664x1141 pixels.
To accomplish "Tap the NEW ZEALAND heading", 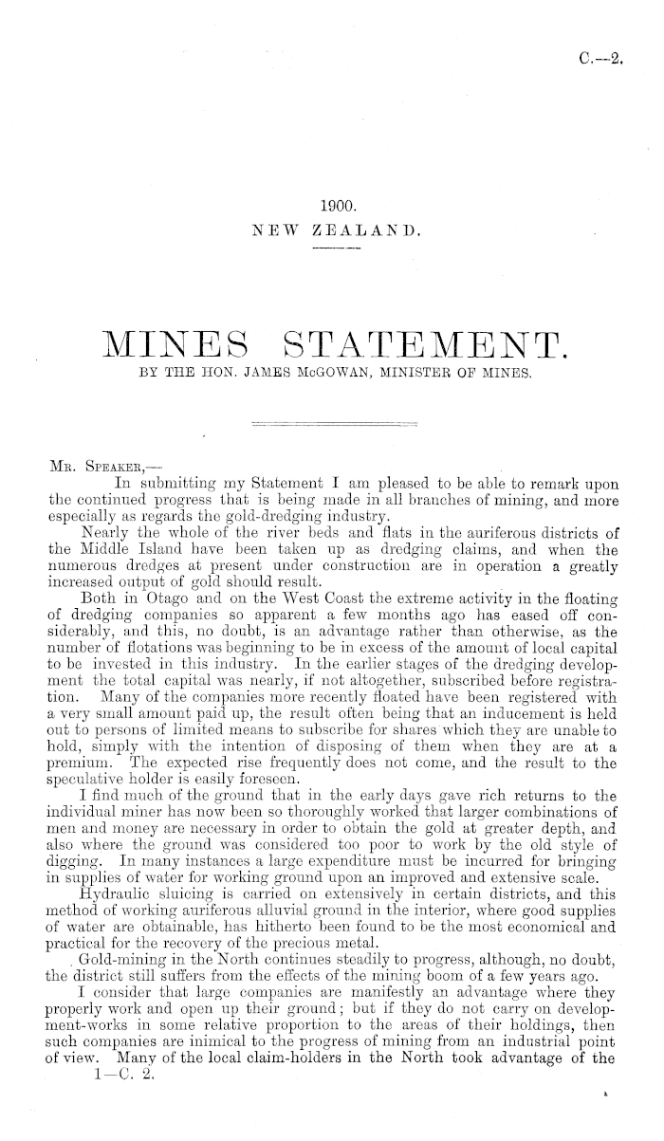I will [337, 230].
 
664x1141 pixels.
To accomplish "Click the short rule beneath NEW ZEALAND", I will [337, 250].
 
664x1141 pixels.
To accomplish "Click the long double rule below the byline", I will [337, 421].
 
